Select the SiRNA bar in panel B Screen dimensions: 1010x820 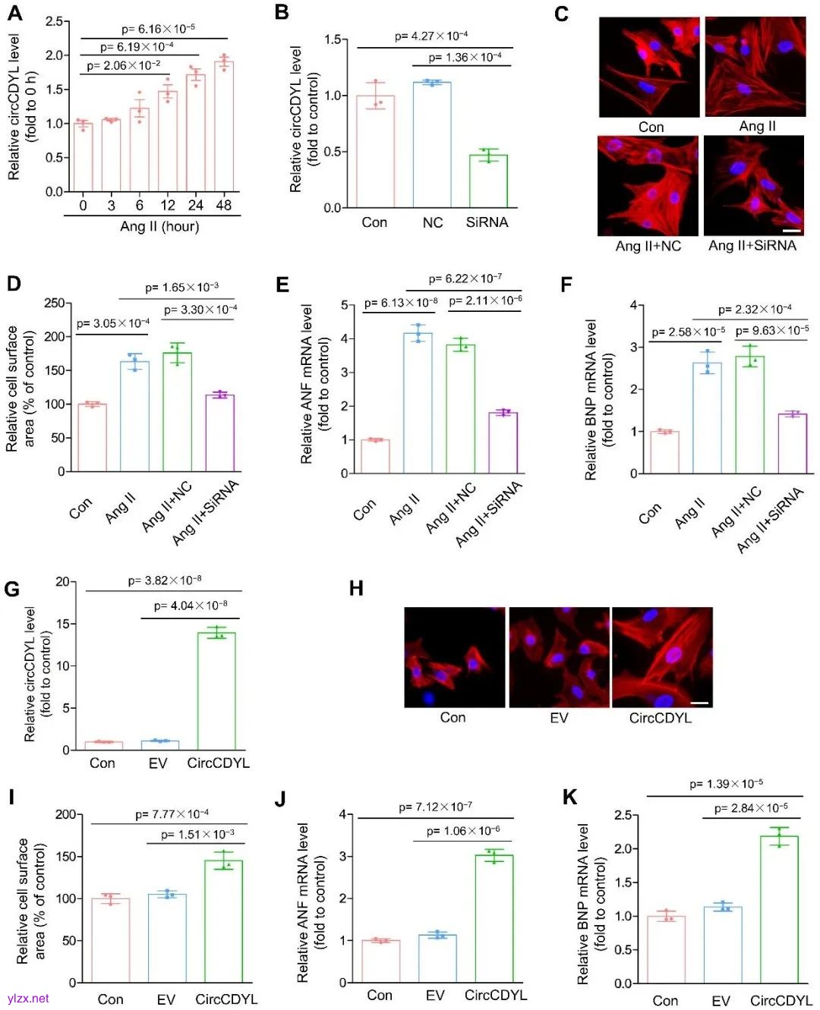(488, 181)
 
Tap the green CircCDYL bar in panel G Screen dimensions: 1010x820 (216, 691)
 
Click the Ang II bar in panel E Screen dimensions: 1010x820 (418, 403)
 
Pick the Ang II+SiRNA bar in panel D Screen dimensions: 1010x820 (220, 433)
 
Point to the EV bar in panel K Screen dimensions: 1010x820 (723, 945)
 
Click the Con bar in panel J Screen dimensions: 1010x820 (381, 961)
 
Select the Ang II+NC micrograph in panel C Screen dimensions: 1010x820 (648, 186)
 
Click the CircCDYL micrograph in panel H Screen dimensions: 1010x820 (662, 657)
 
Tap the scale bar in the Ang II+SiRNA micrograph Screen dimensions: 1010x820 (791, 230)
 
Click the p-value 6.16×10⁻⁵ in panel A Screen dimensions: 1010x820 (158, 29)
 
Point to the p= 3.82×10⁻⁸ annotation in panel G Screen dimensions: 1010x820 (164, 581)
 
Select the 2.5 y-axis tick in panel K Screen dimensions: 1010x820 (623, 815)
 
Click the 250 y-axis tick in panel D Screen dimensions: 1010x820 (54, 303)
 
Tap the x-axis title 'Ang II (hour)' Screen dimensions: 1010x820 (159, 226)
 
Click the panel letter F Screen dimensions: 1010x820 (566, 285)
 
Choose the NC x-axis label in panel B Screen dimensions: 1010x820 (432, 222)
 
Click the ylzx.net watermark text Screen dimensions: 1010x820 (28, 999)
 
